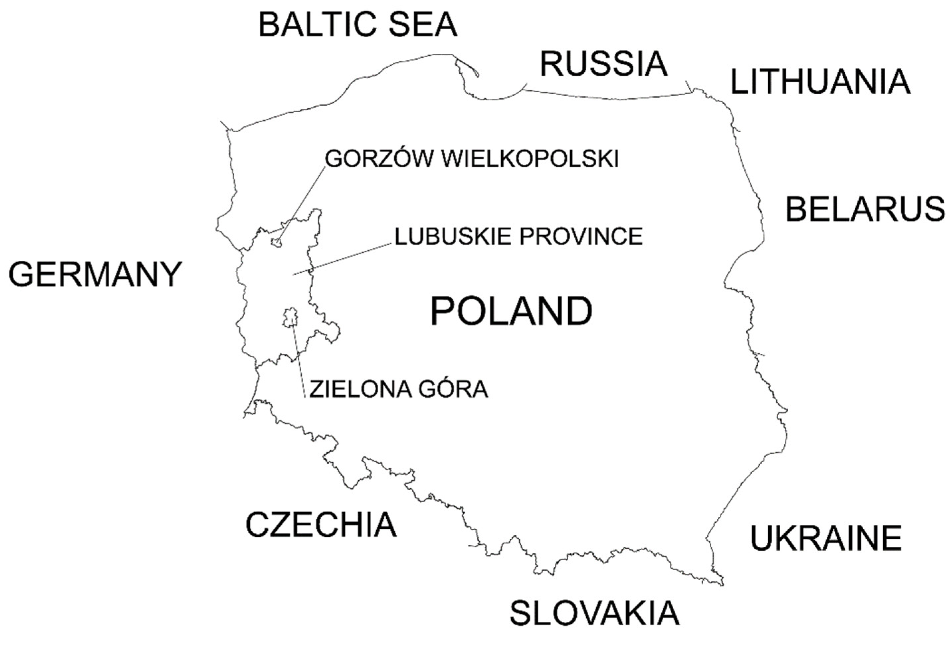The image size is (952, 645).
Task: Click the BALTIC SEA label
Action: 358,25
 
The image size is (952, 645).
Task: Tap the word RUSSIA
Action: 604,64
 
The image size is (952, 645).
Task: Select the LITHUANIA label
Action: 820,82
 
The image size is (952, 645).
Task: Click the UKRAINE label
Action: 826,538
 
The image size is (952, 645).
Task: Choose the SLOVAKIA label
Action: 594,613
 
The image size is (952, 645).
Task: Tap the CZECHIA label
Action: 321,525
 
